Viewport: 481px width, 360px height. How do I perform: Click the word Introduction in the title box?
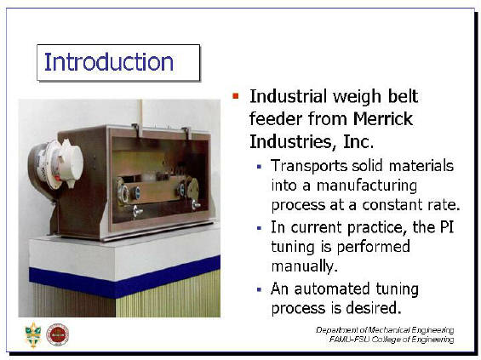[109, 62]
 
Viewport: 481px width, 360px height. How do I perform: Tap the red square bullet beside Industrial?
[235, 96]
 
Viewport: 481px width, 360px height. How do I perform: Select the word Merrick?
[383, 118]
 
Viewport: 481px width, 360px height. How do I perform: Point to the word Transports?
[309, 167]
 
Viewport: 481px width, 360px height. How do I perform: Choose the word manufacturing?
[367, 186]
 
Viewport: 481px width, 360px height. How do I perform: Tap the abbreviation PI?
[446, 227]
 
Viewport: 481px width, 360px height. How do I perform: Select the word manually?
[304, 266]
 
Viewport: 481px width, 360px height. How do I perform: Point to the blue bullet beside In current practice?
[259, 228]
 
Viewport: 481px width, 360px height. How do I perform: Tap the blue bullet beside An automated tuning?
[259, 289]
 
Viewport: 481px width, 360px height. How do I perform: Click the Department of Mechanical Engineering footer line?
[385, 330]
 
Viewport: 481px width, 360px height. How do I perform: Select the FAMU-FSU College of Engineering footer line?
[392, 340]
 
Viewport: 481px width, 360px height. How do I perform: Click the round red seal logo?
[57, 334]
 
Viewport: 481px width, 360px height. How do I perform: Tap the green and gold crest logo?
[33, 334]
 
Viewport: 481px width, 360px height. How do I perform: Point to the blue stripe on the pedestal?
[124, 277]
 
